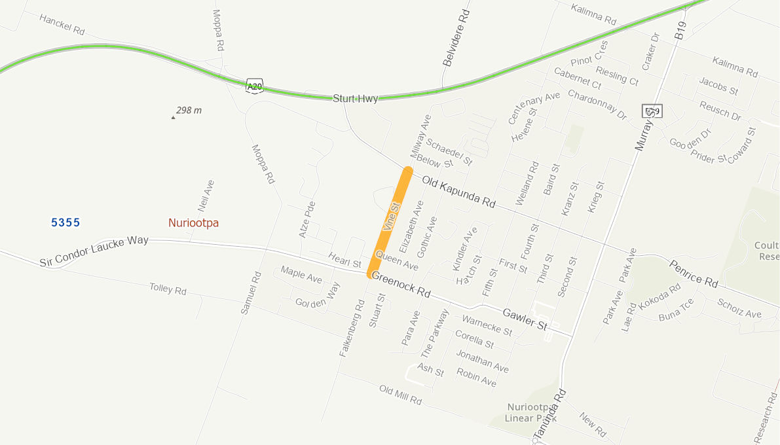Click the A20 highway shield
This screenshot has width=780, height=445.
(x=255, y=86)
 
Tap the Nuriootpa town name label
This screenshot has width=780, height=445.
(x=193, y=223)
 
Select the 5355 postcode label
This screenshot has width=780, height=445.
(x=65, y=223)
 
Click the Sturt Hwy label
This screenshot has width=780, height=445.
(x=355, y=99)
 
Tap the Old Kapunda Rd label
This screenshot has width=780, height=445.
(x=458, y=192)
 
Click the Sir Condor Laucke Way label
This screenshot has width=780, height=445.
(x=94, y=251)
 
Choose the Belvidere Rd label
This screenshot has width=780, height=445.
(x=456, y=38)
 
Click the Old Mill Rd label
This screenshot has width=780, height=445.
(x=400, y=395)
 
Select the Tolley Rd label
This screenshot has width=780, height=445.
(x=168, y=289)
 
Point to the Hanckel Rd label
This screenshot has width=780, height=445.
(x=62, y=25)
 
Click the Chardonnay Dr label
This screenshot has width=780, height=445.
(x=597, y=104)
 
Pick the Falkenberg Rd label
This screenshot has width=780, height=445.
(x=352, y=328)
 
